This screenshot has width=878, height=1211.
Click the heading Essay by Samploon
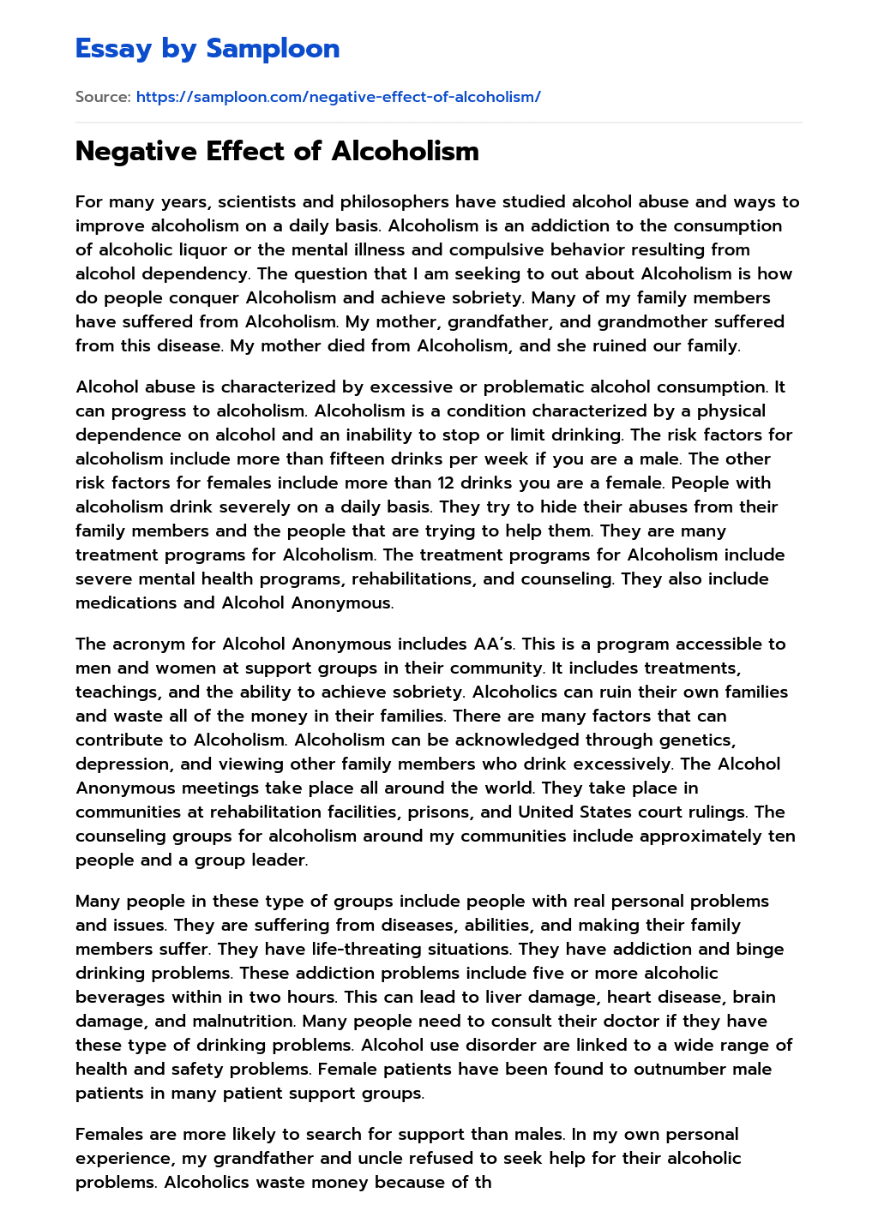[207, 49]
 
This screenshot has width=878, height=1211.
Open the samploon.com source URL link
[338, 97]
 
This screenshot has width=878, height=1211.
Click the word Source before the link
[102, 97]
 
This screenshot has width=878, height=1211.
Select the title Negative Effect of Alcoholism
[277, 151]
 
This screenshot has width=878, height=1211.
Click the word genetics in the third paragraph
[698, 740]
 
